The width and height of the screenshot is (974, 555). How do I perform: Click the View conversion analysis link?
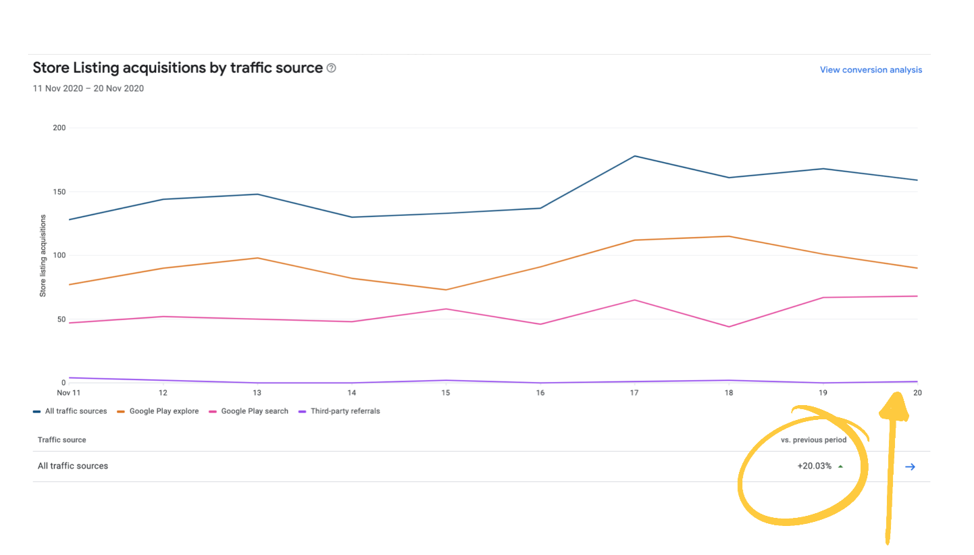(871, 70)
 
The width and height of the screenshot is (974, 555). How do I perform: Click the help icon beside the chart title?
(331, 68)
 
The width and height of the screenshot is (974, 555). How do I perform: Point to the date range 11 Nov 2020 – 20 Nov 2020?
(88, 88)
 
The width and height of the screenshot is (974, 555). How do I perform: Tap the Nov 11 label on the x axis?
(69, 392)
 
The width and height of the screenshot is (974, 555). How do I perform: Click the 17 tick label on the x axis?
(635, 392)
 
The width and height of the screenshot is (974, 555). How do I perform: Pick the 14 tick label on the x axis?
(352, 392)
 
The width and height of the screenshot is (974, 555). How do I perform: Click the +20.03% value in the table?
(815, 466)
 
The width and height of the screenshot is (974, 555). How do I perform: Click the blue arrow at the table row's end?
(910, 467)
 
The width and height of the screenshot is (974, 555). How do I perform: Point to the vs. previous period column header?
(813, 440)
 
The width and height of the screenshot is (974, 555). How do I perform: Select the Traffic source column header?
(62, 440)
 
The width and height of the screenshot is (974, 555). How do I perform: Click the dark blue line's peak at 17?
(635, 156)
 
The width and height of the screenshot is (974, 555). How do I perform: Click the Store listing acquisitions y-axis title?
(43, 256)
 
